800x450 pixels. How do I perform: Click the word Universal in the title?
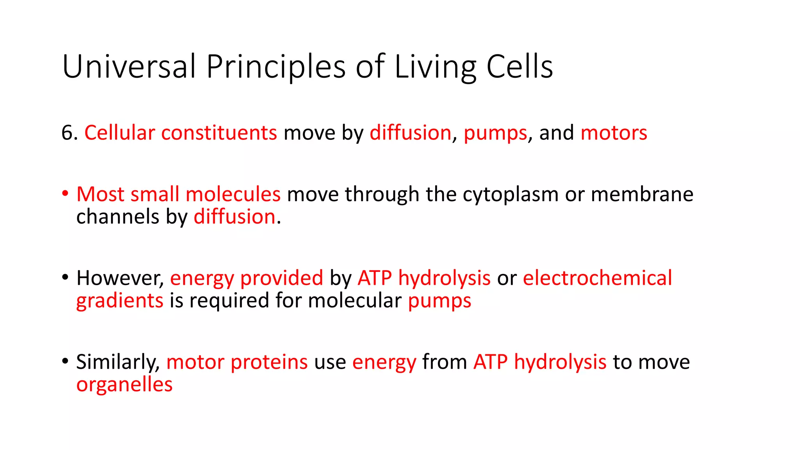tap(129, 66)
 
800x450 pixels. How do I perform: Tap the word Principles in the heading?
tap(276, 67)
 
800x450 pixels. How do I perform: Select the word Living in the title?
tap(436, 67)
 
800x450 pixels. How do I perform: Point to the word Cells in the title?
tap(520, 66)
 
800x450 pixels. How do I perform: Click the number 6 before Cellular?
tap(67, 133)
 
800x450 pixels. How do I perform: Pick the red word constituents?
tap(219, 133)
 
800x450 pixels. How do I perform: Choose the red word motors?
tap(614, 133)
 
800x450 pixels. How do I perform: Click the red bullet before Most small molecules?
tap(65, 194)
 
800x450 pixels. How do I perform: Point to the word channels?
tap(118, 216)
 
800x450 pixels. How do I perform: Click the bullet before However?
tap(65, 278)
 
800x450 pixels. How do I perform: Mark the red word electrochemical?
tap(597, 278)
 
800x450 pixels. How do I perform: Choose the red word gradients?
tap(120, 301)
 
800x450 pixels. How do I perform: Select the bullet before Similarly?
tap(65, 362)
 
